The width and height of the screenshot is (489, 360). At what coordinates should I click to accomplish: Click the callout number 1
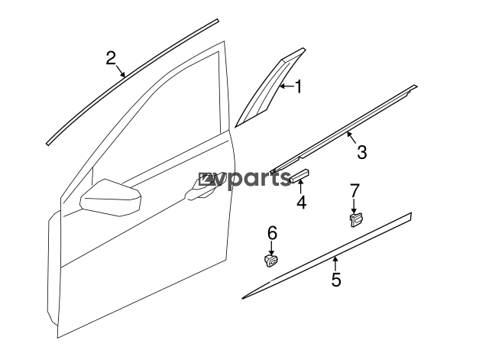[299, 86]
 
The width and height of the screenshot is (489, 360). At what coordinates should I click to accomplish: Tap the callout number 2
[111, 58]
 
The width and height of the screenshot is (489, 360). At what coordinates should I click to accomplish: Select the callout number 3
[361, 152]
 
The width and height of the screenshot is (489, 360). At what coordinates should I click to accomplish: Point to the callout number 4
[301, 202]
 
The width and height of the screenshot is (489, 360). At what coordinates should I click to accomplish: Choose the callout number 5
[336, 279]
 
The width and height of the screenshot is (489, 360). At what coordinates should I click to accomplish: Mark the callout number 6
[272, 233]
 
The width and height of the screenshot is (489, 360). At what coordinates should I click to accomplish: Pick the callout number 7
[355, 190]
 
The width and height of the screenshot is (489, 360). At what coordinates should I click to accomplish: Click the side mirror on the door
[111, 198]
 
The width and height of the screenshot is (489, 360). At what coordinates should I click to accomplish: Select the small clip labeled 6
[270, 261]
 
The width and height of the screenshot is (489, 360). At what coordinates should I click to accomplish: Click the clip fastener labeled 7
[356, 219]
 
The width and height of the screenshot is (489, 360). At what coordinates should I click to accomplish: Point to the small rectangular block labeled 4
[300, 176]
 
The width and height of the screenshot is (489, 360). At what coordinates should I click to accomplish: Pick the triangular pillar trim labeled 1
[270, 87]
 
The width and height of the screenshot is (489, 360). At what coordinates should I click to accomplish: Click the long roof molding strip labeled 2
[132, 82]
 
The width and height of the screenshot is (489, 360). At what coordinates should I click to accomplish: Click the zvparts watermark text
[245, 180]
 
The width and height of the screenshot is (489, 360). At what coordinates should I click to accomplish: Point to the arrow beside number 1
[287, 86]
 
